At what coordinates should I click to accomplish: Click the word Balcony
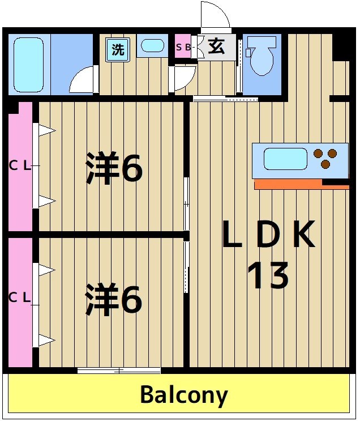[x=184, y=395]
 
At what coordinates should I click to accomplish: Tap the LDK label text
[x=268, y=236]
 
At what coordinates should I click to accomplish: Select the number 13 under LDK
[x=268, y=276]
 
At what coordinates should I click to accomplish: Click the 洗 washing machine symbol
[x=117, y=49]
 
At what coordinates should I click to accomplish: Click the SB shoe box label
[x=183, y=48]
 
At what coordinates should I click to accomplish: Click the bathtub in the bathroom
[x=28, y=65]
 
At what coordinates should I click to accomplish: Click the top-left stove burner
[x=318, y=152]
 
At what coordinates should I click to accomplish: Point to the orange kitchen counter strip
[x=289, y=184]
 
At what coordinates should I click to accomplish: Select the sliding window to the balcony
[x=119, y=371]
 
